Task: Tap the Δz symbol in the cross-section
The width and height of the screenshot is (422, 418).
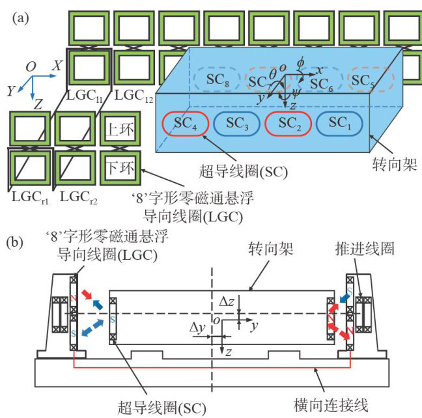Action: tap(229, 302)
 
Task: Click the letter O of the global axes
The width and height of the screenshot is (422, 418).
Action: tap(30, 66)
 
